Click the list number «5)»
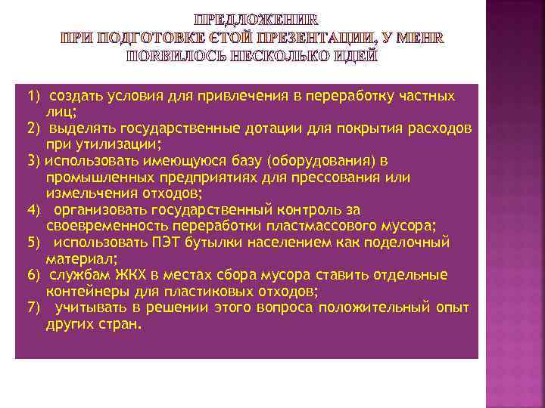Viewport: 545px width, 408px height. (33, 243)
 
